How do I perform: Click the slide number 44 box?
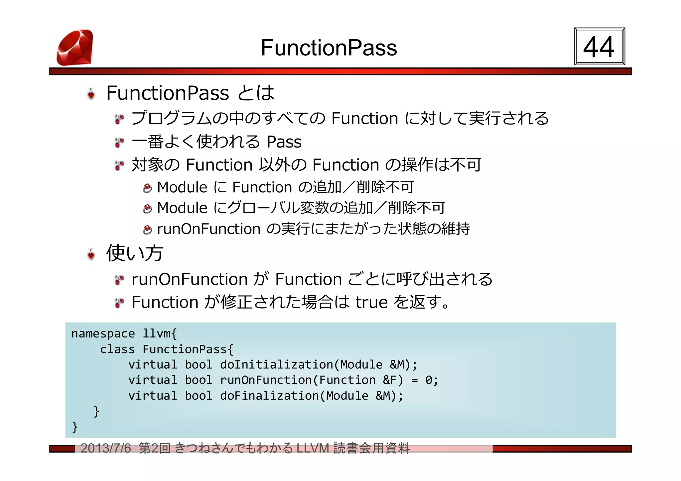point(599,47)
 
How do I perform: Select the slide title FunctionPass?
point(329,48)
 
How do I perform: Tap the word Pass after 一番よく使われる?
point(284,142)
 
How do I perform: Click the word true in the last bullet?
point(371,302)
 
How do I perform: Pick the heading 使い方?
point(135,253)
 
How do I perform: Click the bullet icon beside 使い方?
point(91,254)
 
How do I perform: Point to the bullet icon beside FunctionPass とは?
point(91,94)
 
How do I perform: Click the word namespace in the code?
point(103,334)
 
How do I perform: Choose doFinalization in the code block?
point(269,396)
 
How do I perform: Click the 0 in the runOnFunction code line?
point(429,380)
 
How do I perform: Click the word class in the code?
point(117,349)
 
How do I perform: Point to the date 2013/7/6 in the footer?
point(106,448)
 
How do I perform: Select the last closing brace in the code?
point(75,427)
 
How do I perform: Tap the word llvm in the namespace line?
point(156,334)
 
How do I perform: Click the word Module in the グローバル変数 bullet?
point(182,208)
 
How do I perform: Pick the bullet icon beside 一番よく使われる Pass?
point(119,143)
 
